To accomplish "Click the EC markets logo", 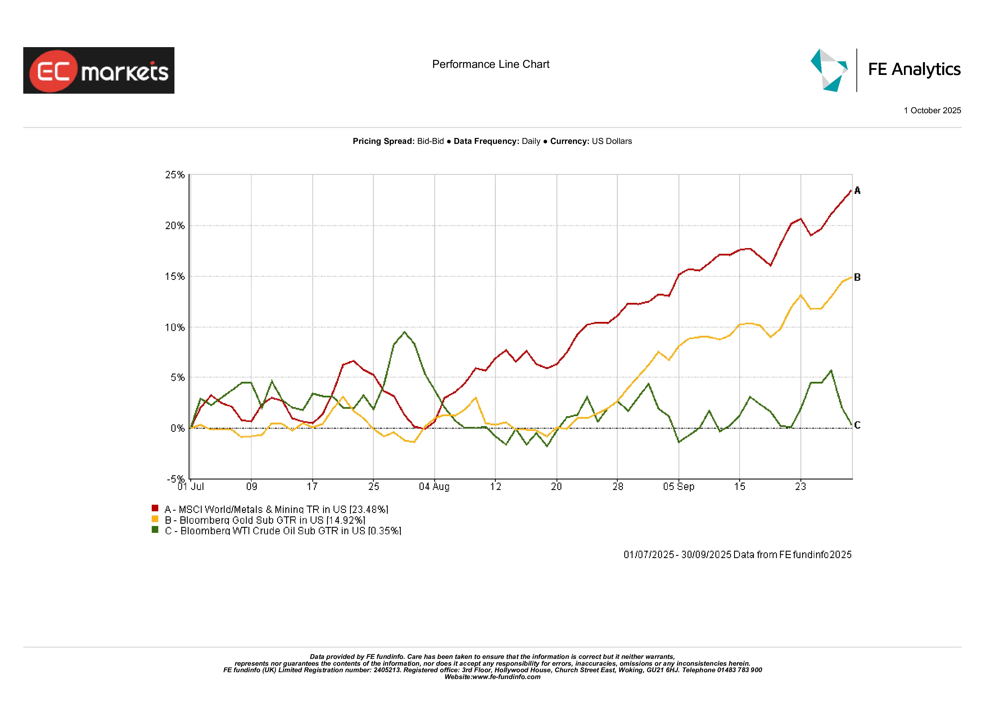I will pyautogui.click(x=98, y=70).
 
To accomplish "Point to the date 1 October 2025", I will pyautogui.click(x=932, y=111).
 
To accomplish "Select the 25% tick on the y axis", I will pyautogui.click(x=175, y=175).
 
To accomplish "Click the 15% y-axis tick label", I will pyautogui.click(x=175, y=276).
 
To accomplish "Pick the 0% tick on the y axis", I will pyautogui.click(x=177, y=428).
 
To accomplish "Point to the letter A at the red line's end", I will pyautogui.click(x=857, y=190).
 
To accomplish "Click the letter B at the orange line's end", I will pyautogui.click(x=857, y=277).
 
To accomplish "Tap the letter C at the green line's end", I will pyautogui.click(x=857, y=425).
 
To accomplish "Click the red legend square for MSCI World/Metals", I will pyautogui.click(x=155, y=508).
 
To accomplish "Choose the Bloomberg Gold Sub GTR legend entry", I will pyautogui.click(x=265, y=520).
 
